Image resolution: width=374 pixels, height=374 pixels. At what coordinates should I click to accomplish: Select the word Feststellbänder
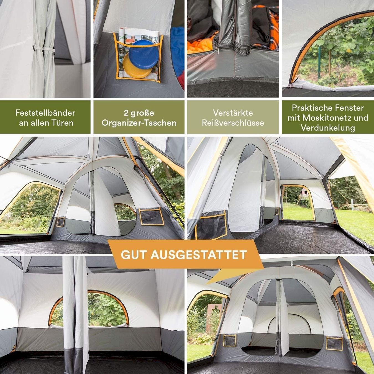coord(45,113)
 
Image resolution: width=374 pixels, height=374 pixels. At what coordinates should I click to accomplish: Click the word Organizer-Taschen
coord(139,123)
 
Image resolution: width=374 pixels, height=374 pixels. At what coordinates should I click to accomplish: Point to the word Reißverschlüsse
coord(233,123)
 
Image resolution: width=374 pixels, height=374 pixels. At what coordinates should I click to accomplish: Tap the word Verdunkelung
coord(328,128)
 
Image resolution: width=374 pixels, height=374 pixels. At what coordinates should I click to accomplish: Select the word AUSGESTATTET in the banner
coord(199,255)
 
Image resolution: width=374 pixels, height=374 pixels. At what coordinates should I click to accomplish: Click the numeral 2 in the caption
coord(126,113)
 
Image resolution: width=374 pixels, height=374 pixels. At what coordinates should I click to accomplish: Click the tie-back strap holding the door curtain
coord(44,49)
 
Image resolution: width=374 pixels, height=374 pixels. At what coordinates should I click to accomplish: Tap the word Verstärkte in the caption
coord(233,113)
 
